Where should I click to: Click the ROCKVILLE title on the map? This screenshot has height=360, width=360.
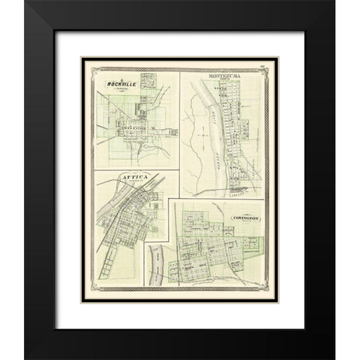(124, 83)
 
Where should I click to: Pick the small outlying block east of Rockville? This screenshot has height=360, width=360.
(172, 134)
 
